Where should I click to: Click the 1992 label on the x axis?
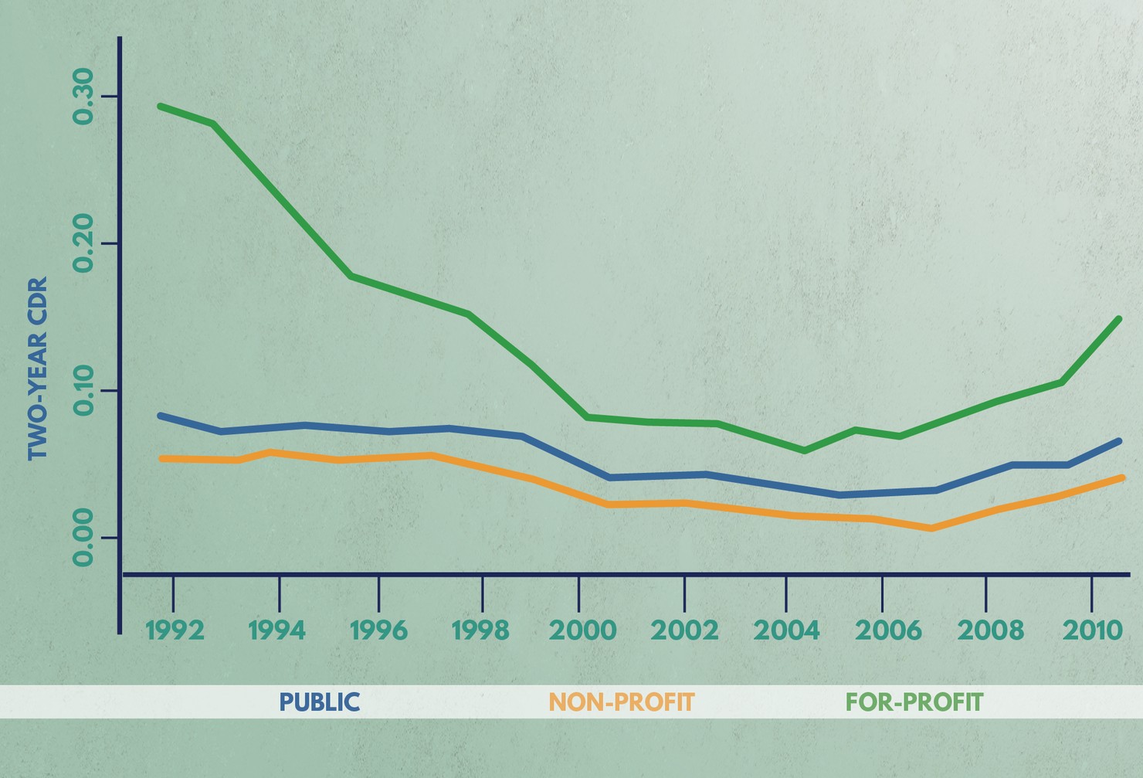[x=175, y=630]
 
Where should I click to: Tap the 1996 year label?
[x=378, y=630]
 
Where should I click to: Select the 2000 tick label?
[x=582, y=630]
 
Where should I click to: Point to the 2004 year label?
[x=786, y=630]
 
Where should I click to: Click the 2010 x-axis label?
[x=1092, y=630]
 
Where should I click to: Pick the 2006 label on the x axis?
[x=888, y=630]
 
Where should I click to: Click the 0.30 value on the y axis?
[x=82, y=96]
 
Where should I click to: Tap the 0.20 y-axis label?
[x=82, y=243]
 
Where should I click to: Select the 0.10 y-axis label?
[x=82, y=390]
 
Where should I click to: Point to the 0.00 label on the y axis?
[x=82, y=538]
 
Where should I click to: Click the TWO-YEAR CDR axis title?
[x=38, y=369]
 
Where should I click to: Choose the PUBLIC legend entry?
[x=319, y=702]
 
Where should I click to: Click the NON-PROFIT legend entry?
[x=622, y=702]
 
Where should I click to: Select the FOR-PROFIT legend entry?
[x=914, y=702]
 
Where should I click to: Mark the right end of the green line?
[x=1118, y=319]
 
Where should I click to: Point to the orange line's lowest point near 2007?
[x=931, y=528]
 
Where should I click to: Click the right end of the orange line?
[x=1121, y=478]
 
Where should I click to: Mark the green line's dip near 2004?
[x=805, y=450]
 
